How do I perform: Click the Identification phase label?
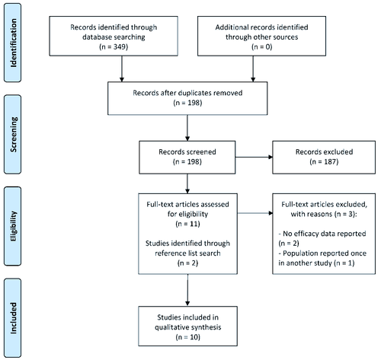click(x=13, y=43)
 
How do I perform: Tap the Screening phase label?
click(x=13, y=135)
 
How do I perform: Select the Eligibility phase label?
click(x=13, y=226)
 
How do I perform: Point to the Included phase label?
click(x=13, y=318)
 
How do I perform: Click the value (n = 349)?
click(x=114, y=47)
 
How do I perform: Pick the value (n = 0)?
click(x=261, y=47)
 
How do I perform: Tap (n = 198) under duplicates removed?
click(x=187, y=103)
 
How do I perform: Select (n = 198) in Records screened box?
click(x=187, y=161)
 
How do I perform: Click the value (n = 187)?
click(x=324, y=161)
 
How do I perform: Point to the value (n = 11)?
click(x=187, y=224)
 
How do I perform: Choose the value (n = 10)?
click(x=187, y=337)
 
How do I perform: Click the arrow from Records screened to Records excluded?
click(x=254, y=158)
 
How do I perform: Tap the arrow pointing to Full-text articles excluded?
click(x=255, y=213)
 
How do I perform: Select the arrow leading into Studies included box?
click(x=187, y=290)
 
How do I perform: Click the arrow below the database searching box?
click(x=122, y=68)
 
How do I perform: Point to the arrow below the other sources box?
click(x=253, y=68)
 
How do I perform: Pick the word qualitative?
click(x=170, y=327)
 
